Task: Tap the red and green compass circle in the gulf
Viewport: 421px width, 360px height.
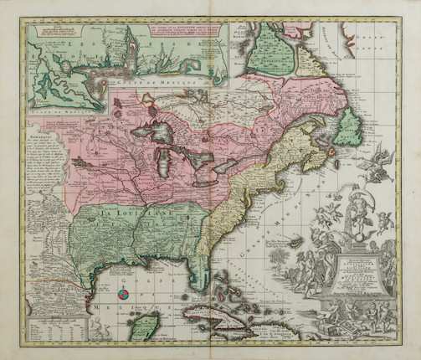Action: (x=123, y=294)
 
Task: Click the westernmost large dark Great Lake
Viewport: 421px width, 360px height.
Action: (x=158, y=133)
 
